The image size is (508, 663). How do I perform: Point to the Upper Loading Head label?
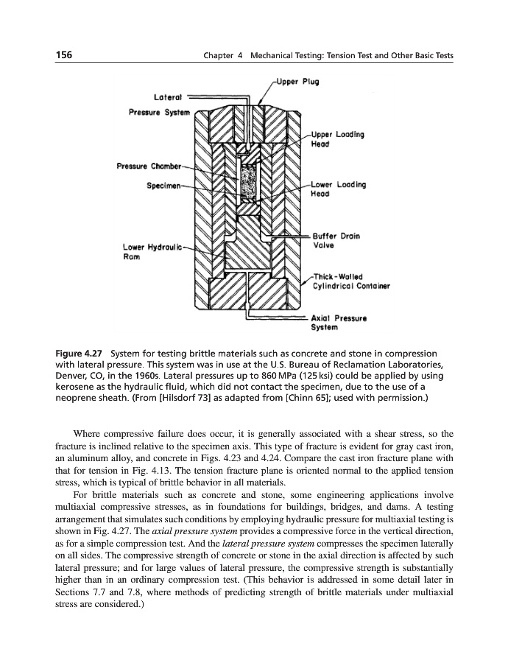[x=337, y=139]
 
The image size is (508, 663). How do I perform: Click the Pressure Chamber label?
[x=143, y=165]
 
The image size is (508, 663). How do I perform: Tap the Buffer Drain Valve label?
[x=334, y=241]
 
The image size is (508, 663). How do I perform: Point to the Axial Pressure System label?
[x=342, y=321]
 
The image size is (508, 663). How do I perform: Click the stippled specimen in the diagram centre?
[x=250, y=183]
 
